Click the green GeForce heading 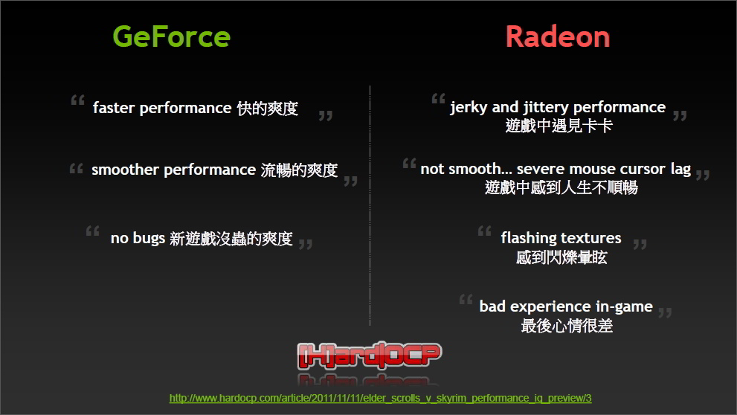172,36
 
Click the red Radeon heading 558,36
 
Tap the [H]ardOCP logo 370,356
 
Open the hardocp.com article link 380,398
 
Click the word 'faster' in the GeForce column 114,108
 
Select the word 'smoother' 125,169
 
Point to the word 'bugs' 149,238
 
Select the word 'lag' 680,169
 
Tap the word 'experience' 551,307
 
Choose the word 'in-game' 625,307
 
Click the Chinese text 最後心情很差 567,326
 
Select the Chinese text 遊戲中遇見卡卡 559,126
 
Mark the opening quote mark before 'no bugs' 93,231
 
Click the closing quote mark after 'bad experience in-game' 665,312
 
